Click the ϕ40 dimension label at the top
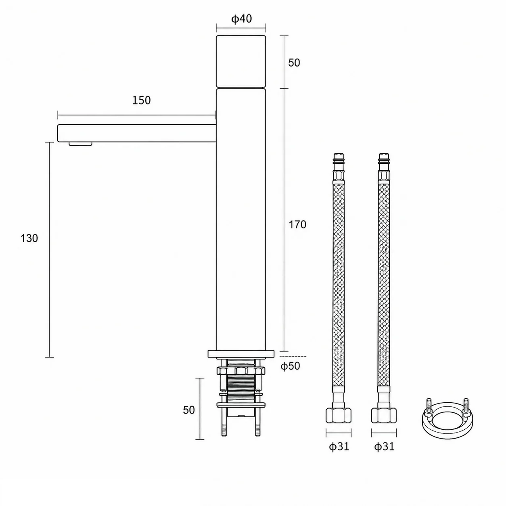pos(241,19)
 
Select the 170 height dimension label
pos(297,224)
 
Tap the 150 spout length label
pos(141,100)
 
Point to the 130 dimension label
pos(29,238)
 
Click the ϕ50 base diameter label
pos(290,366)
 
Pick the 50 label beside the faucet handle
pos(294,63)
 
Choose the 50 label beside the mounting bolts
pos(189,410)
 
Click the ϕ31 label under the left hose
pos(339,446)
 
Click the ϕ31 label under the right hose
pos(384,446)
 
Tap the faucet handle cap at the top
pos(241,61)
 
